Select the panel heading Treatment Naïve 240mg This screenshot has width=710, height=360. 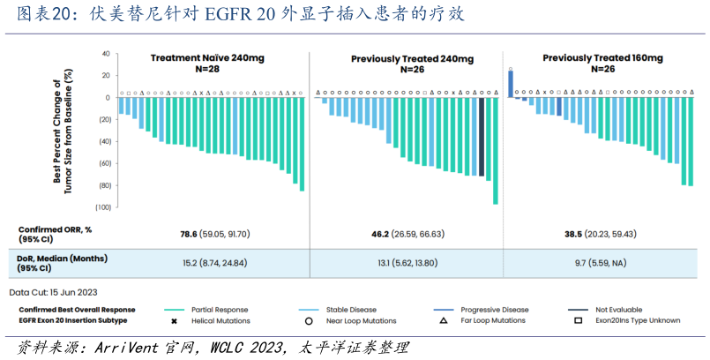coord(206,57)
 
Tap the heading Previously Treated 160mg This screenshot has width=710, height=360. coord(602,57)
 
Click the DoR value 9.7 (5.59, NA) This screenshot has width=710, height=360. coord(602,263)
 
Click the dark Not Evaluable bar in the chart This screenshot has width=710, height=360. coord(482,137)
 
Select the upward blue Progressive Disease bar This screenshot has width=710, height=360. coord(510,84)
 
